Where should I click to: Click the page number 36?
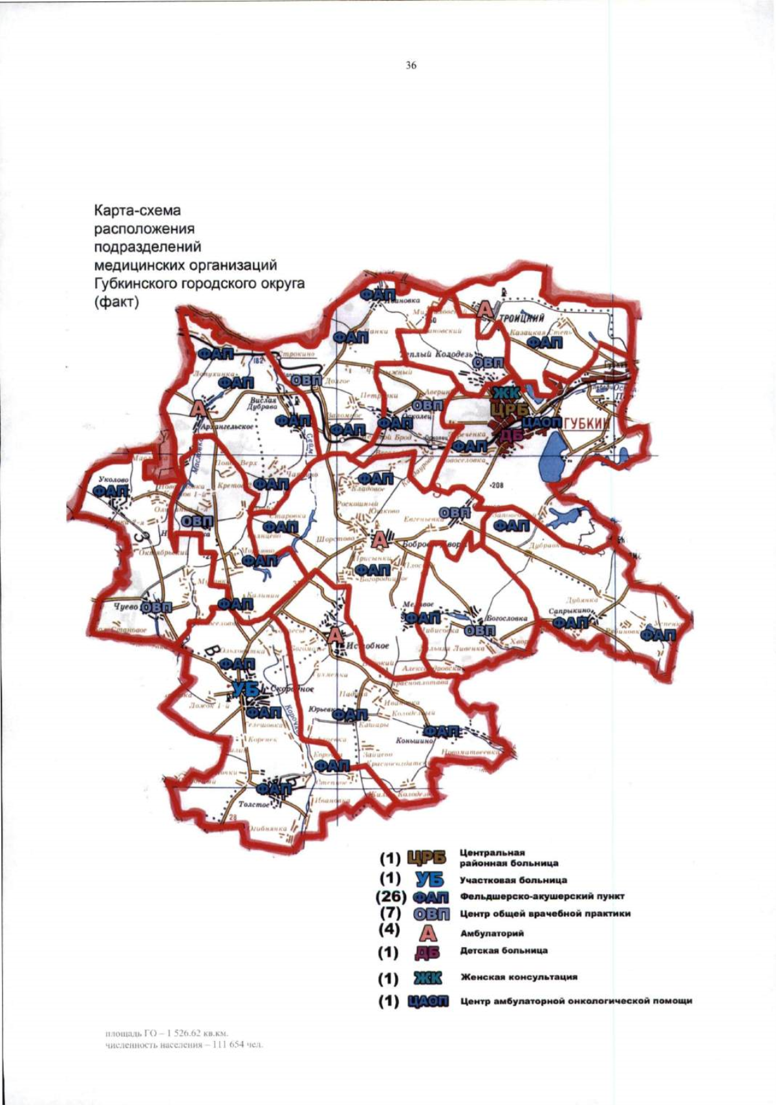tap(411, 65)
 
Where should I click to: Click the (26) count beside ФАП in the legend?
tap(391, 897)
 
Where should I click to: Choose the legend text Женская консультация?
tap(519, 978)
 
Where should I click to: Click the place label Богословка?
tap(507, 618)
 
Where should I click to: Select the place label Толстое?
tap(253, 805)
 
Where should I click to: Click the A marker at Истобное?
tap(334, 636)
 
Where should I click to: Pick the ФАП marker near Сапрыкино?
tap(570, 622)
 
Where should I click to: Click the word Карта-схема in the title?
tap(137, 211)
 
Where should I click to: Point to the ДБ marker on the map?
tap(511, 435)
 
